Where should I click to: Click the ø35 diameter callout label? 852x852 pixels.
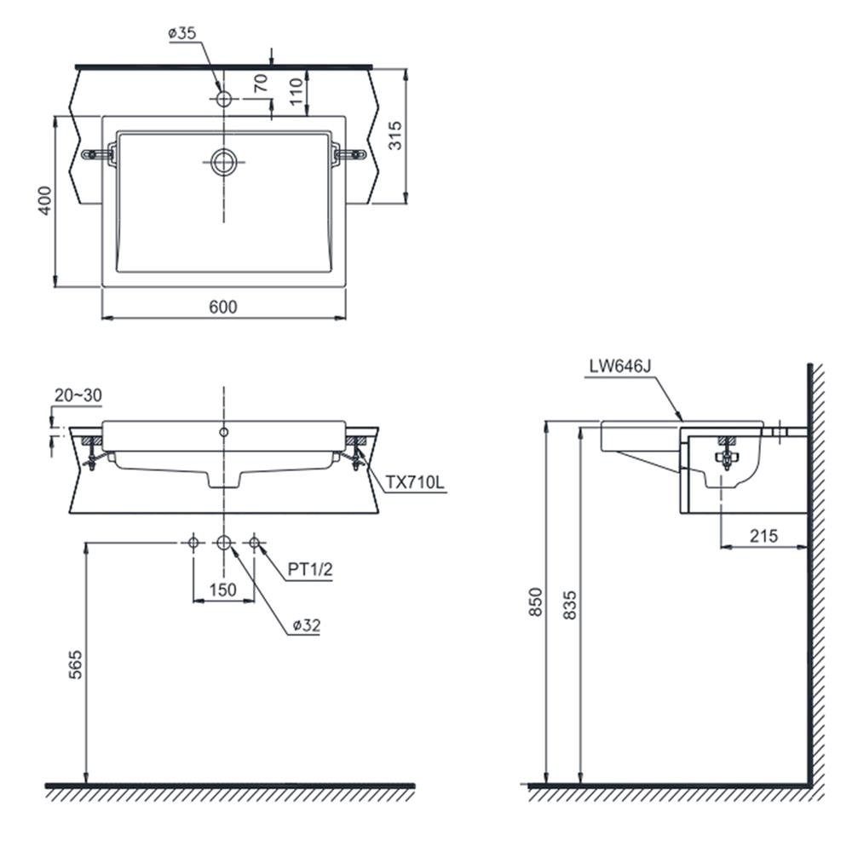(x=182, y=33)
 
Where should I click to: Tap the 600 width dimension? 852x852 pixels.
(x=223, y=307)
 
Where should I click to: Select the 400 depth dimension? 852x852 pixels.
(x=45, y=200)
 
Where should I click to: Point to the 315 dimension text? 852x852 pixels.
(x=395, y=135)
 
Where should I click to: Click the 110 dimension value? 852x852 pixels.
(x=296, y=91)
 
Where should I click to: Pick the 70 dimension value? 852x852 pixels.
(x=262, y=83)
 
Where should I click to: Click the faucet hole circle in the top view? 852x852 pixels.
(x=224, y=99)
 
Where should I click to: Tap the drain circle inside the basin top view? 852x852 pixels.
(x=224, y=162)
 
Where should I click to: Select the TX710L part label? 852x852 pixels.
(x=415, y=482)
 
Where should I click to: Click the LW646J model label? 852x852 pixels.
(x=619, y=366)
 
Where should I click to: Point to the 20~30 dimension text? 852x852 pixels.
(x=78, y=395)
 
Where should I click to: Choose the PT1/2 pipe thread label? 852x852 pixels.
(x=310, y=569)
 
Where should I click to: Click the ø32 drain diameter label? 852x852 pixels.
(x=307, y=625)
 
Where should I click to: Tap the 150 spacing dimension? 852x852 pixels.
(x=222, y=590)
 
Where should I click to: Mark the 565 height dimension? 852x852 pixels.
(x=76, y=664)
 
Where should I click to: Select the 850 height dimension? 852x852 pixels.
(x=536, y=602)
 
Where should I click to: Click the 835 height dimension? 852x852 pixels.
(x=569, y=605)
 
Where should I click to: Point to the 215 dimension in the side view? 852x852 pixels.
(x=763, y=536)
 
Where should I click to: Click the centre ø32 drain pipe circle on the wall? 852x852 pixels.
(x=224, y=542)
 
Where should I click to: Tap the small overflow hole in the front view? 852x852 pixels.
(x=224, y=432)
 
